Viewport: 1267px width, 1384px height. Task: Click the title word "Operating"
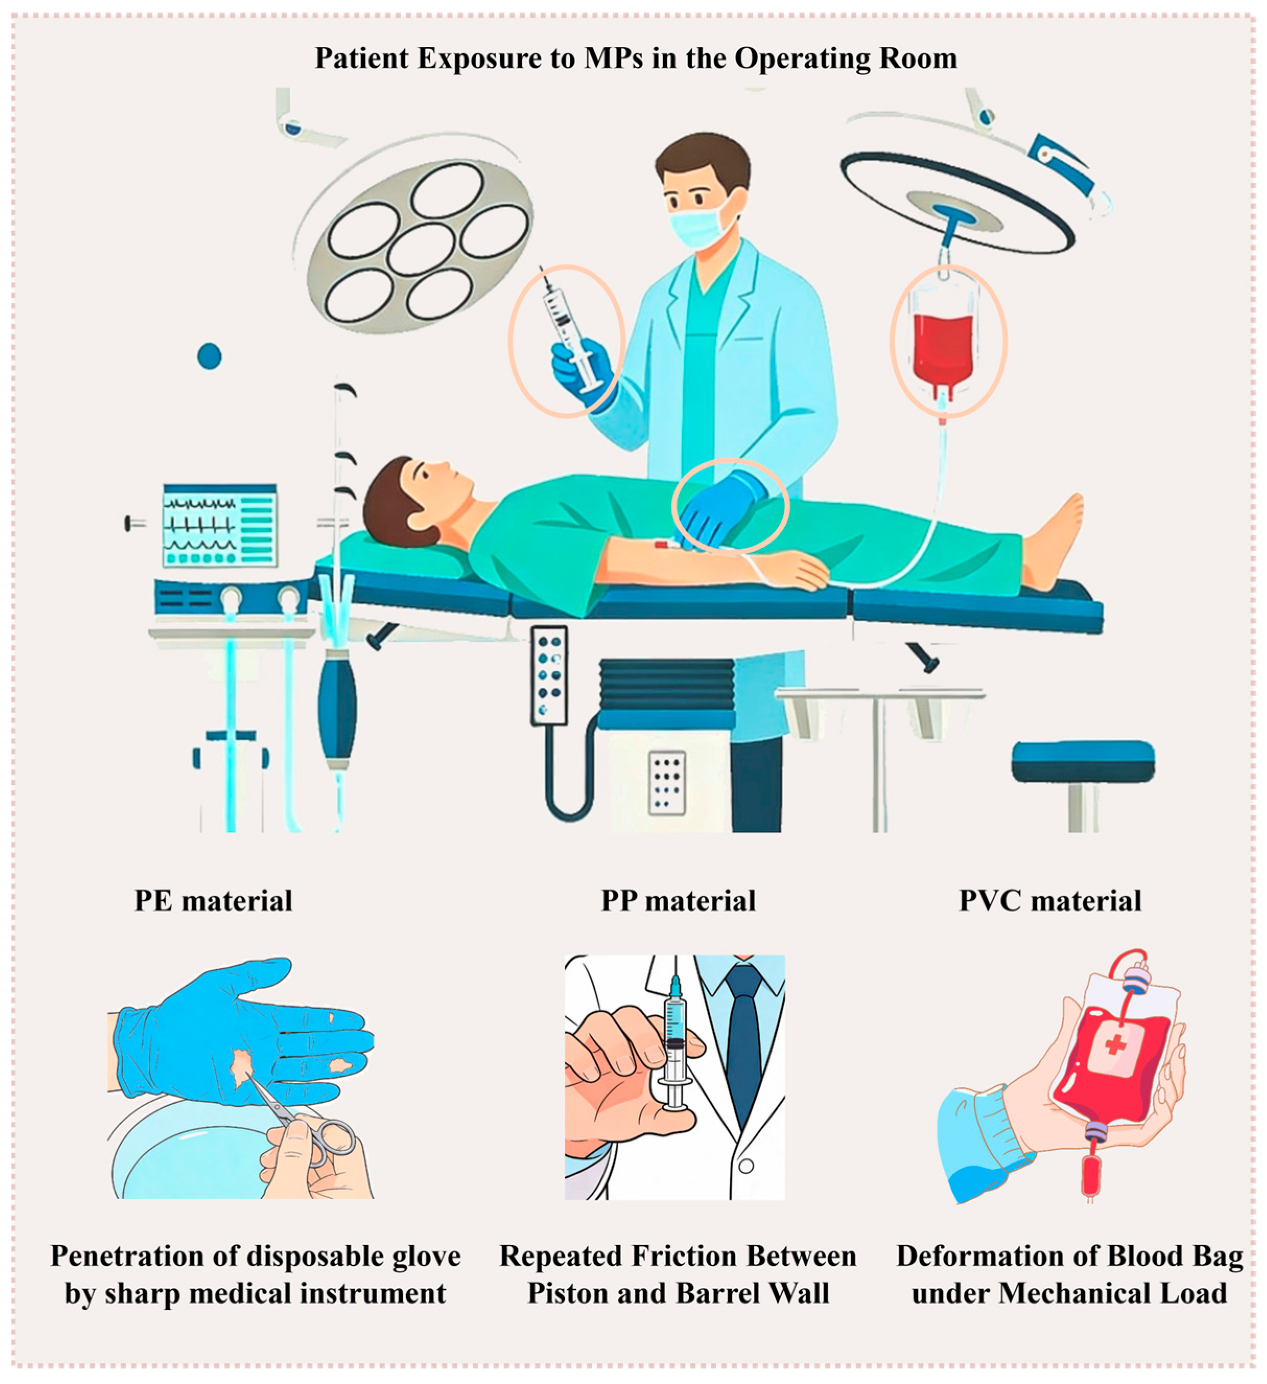796,59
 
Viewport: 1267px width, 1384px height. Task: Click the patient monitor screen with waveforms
220,525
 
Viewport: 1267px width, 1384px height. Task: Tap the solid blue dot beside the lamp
209,356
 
